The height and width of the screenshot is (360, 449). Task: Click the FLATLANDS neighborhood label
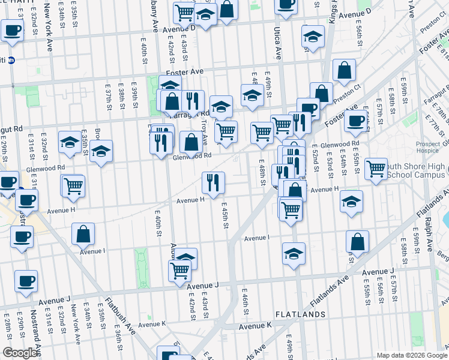click(300, 314)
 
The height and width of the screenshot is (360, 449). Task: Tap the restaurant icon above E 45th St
click(212, 181)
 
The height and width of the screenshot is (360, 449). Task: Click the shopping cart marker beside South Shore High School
click(376, 169)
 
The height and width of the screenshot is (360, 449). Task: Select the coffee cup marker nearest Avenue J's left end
click(26, 281)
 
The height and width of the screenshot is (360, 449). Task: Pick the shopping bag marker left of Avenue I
click(83, 234)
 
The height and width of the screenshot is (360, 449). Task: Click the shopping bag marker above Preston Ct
click(344, 70)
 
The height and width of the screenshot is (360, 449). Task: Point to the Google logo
click(20, 353)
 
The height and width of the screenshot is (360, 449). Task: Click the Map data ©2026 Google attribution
click(412, 355)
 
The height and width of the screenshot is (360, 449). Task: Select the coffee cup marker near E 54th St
click(356, 121)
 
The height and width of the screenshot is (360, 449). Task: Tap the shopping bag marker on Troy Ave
click(191, 143)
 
